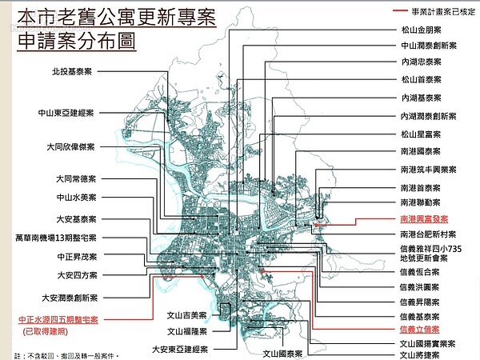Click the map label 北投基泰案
pos(70,71)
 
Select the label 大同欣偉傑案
pos(71,147)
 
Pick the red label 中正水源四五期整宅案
pos(58,318)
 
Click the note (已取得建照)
pos(47,330)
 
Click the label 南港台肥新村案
pos(427,234)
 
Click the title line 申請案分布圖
pos(76,41)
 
